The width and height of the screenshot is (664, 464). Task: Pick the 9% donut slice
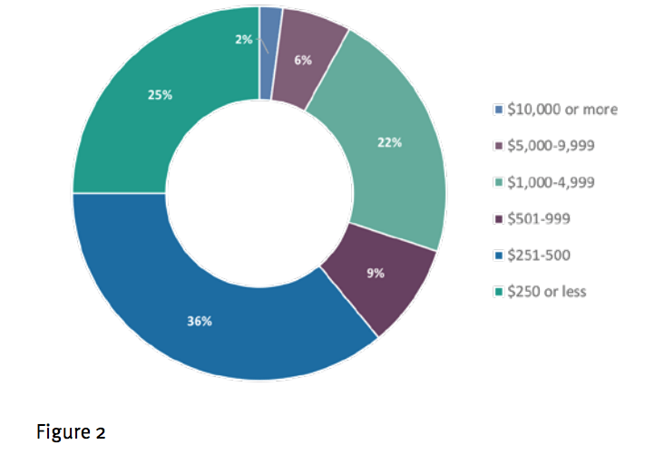(x=381, y=290)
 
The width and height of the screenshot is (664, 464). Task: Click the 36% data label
(x=200, y=322)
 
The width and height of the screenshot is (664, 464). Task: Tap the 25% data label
(x=160, y=94)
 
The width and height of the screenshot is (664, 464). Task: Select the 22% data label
(x=390, y=142)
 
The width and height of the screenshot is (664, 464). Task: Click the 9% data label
(x=376, y=274)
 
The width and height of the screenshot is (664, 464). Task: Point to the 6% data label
(x=303, y=61)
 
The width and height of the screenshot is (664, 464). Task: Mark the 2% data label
(x=243, y=39)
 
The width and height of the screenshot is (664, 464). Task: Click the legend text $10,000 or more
(x=562, y=110)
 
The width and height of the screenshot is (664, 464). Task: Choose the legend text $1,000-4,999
(x=551, y=182)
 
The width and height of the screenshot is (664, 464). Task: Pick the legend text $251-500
(x=539, y=255)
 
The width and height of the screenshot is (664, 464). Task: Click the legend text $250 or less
(x=546, y=291)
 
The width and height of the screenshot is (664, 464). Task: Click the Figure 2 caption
(x=71, y=431)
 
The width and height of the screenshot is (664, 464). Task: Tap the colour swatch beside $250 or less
(x=498, y=292)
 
